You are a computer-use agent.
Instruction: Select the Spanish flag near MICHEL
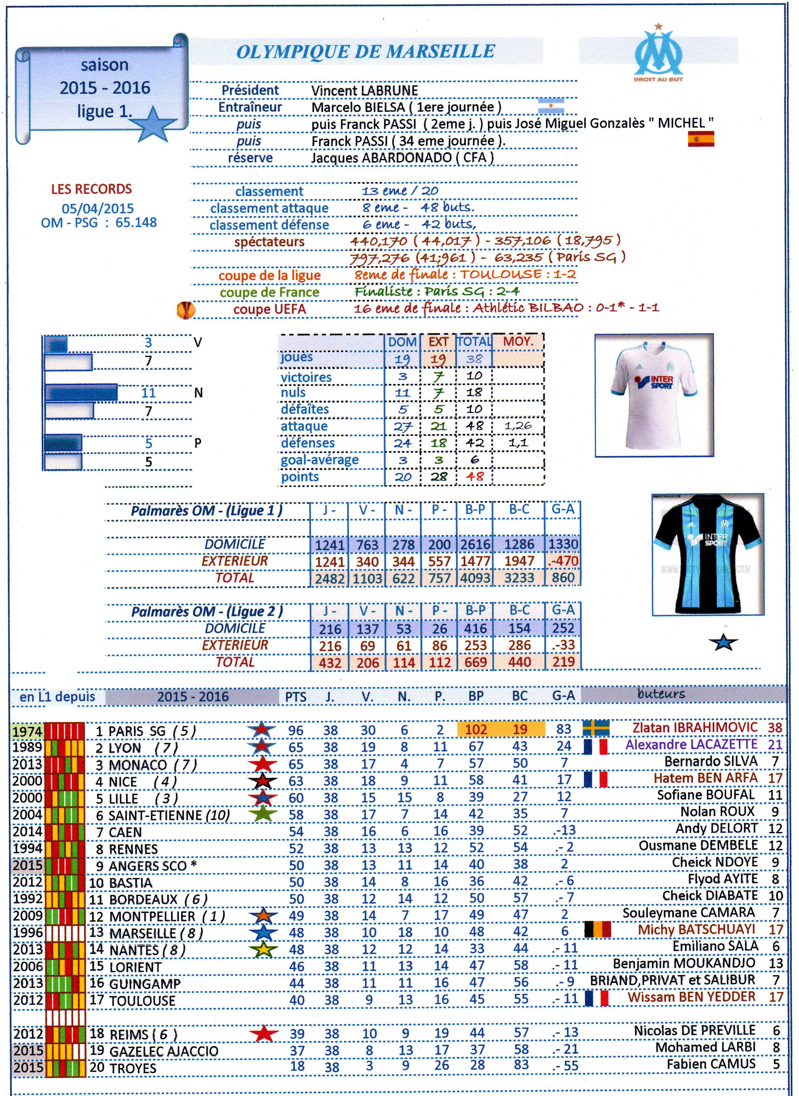[701, 139]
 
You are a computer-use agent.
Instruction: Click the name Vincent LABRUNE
[364, 91]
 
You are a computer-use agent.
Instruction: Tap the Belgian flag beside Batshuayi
[597, 930]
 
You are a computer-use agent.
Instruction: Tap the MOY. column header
[518, 341]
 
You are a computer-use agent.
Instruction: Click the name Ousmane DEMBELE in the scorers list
[698, 846]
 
